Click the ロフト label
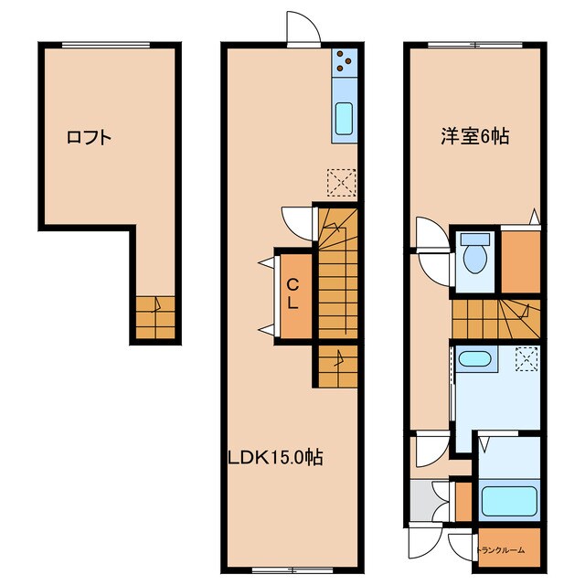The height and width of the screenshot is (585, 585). point(89,138)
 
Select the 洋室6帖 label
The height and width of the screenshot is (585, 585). point(474,137)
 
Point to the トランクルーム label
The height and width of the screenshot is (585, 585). point(501,550)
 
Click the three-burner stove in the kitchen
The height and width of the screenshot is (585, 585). point(345,60)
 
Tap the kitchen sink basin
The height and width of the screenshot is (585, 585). point(345,118)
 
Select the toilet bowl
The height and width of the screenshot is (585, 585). point(474,256)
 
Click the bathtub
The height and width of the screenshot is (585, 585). point(508,501)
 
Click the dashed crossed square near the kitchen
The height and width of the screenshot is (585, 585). point(339,181)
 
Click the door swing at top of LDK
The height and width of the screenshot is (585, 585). point(303,27)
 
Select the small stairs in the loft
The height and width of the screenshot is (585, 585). point(154,317)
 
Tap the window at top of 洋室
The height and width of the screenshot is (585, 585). point(473,44)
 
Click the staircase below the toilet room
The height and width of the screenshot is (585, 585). point(494,318)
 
